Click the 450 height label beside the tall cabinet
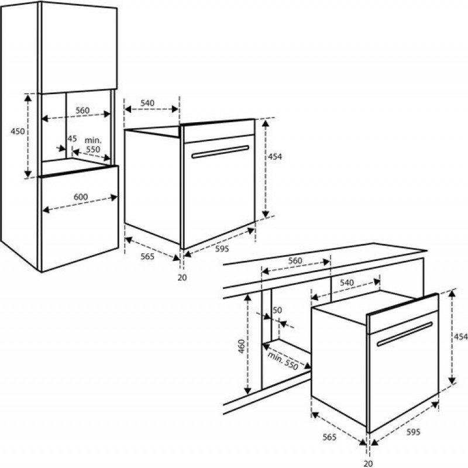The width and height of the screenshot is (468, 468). point(18,132)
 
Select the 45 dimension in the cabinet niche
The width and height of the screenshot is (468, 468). point(72,139)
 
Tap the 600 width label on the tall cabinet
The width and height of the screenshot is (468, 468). point(81,197)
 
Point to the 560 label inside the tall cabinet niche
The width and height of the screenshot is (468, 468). point(82,111)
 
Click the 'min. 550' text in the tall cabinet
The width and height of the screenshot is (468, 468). point(93,145)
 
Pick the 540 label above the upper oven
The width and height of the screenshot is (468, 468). point(147,103)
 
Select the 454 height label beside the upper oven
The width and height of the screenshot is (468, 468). point(275,157)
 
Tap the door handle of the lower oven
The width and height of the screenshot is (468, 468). point(404,334)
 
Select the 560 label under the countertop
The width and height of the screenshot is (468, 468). point(295,260)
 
